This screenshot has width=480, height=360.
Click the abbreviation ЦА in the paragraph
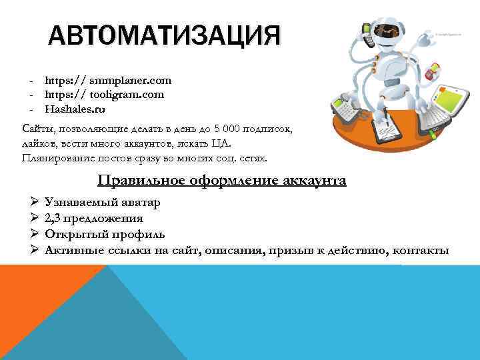pyautogui.click(x=227, y=143)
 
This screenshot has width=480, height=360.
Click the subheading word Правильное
pyautogui.click(x=137, y=180)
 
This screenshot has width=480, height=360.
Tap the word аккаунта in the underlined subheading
pyautogui.click(x=313, y=180)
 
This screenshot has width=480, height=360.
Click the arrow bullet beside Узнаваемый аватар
pyautogui.click(x=35, y=201)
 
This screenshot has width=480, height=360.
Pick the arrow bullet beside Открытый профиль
pyautogui.click(x=35, y=235)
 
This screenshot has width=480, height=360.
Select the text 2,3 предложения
pyautogui.click(x=93, y=218)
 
